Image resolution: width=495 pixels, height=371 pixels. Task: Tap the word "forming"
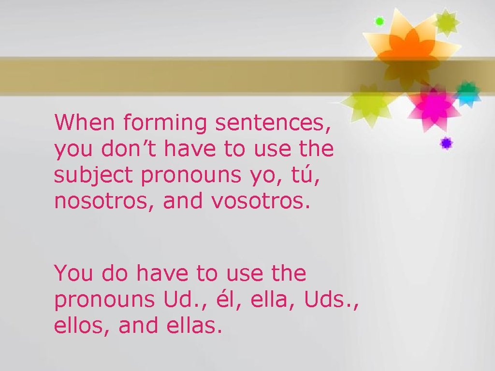pos(165,124)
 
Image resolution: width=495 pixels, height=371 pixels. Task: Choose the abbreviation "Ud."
pos(177,300)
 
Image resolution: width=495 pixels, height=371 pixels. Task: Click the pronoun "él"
pos(223,300)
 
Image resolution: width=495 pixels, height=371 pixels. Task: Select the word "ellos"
pos(81,326)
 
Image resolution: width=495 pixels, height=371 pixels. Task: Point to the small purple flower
pos(446,143)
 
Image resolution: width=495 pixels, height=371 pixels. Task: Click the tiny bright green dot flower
pos(379,21)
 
